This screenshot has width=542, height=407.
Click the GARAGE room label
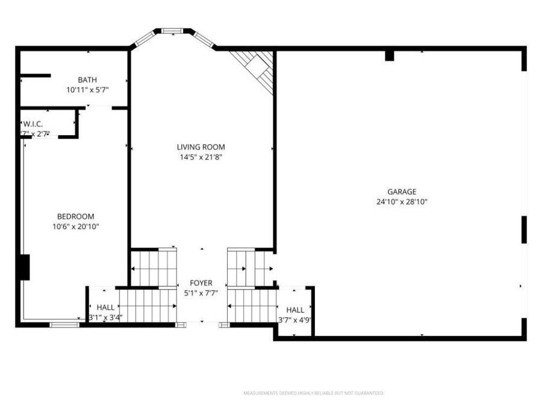402,192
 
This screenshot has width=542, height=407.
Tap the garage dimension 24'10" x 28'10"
402,203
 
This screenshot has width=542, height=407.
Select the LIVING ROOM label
201,147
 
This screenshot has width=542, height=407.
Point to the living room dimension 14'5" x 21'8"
201,157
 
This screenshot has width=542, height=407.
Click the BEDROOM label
75,216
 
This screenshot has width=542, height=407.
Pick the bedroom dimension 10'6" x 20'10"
75,227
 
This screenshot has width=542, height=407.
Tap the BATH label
87,80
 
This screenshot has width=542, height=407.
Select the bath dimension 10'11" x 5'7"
87,90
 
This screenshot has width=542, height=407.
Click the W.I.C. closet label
33,124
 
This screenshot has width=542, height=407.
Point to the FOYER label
201,283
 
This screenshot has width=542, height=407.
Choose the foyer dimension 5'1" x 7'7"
201,293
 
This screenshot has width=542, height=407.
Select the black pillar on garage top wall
389,55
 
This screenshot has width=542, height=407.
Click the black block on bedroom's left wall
24,267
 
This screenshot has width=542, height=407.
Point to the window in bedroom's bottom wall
64,325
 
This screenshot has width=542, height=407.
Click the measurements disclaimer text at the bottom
313,393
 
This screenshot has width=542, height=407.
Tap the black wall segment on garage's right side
524,230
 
